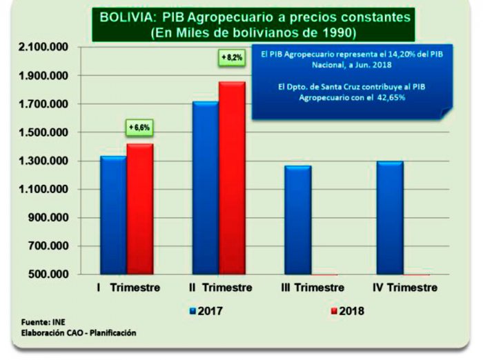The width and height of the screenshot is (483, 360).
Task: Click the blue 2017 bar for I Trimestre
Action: click(113, 215)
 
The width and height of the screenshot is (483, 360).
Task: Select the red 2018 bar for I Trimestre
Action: click(139, 209)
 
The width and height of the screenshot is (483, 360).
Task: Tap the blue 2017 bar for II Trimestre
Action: click(205, 188)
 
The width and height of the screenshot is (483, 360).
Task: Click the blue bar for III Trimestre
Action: click(297, 220)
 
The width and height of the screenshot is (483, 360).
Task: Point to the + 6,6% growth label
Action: click(139, 128)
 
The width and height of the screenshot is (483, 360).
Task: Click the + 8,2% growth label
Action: click(231, 58)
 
